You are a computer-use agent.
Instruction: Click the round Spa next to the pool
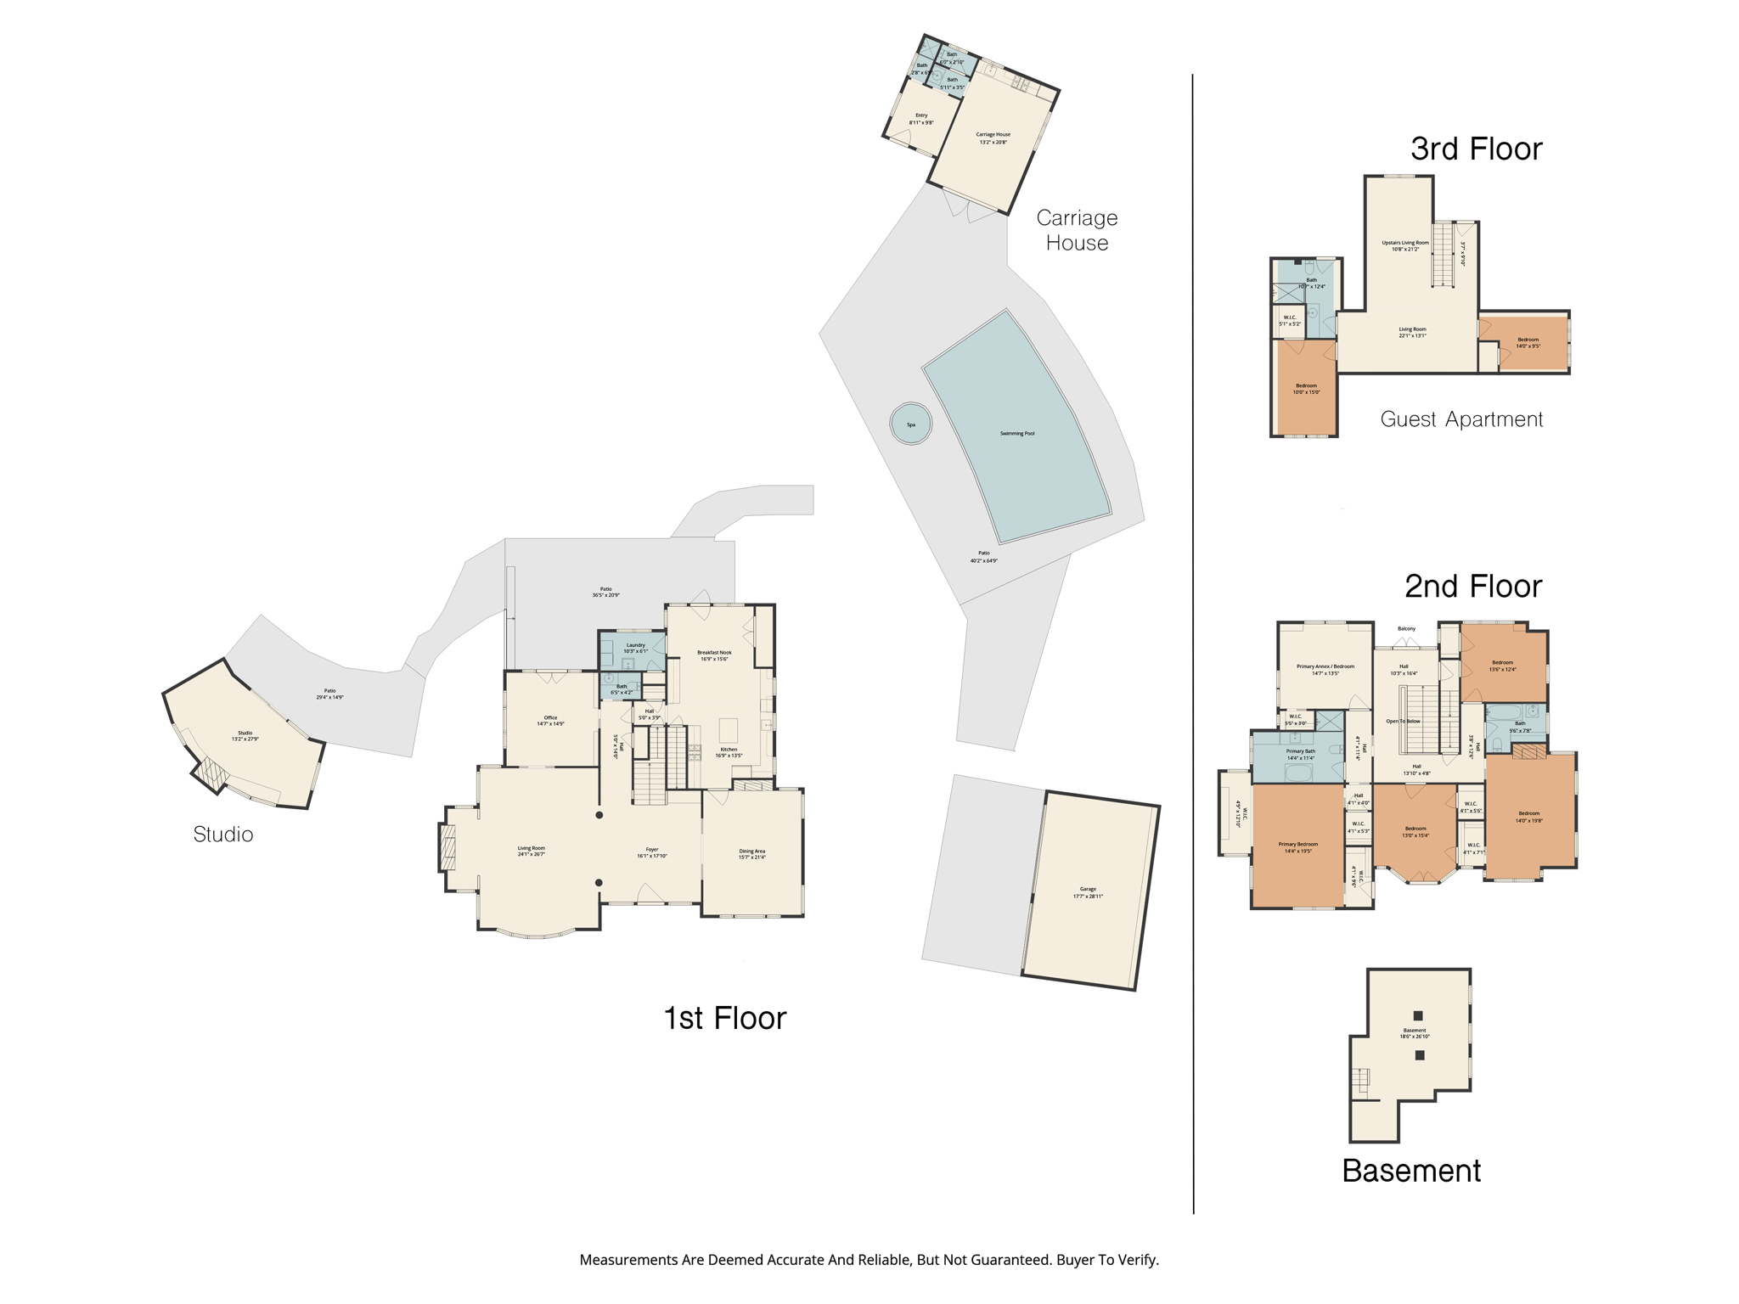(x=910, y=423)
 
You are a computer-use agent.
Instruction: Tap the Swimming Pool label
(x=1016, y=434)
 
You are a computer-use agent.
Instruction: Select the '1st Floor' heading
(x=724, y=1018)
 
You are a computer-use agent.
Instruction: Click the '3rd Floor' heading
(x=1476, y=149)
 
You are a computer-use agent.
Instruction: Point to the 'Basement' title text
(x=1411, y=1171)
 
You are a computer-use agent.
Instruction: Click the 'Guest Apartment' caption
(x=1461, y=419)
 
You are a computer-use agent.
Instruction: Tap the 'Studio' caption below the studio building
(x=223, y=835)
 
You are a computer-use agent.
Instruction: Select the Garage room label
(x=1088, y=892)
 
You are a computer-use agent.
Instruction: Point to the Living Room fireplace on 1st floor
(x=447, y=847)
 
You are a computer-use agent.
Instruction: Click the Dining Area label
(x=752, y=853)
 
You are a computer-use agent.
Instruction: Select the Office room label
(x=550, y=721)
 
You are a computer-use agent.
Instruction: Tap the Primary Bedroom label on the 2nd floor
(x=1297, y=846)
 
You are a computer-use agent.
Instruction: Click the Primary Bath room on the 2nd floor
(x=1300, y=754)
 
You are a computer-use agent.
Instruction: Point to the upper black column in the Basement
(x=1418, y=1015)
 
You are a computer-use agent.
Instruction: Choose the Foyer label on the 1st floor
(x=652, y=852)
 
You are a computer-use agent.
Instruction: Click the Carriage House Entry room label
(x=921, y=118)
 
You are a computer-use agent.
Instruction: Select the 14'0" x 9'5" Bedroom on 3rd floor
(x=1528, y=342)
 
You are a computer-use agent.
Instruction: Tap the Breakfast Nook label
(x=714, y=655)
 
